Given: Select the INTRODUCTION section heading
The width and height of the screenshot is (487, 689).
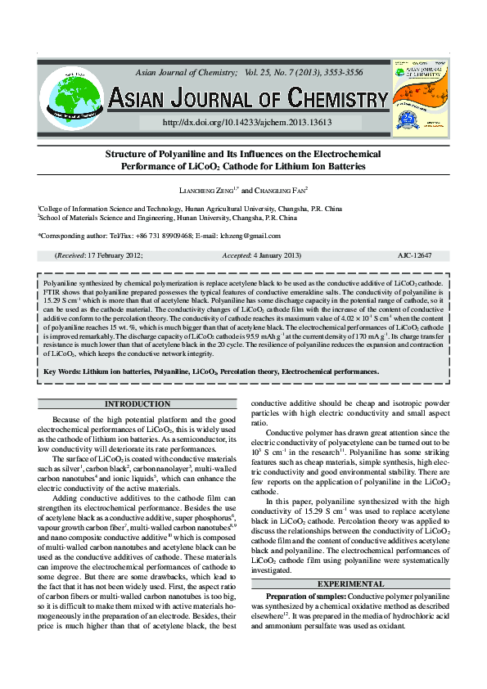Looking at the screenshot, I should click(138, 404).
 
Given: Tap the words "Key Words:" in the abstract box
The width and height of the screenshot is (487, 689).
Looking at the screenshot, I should click(62, 371).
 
